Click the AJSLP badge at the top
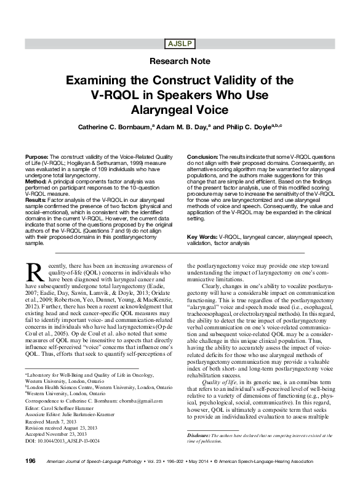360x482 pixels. point(180,44)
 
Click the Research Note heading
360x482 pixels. point(180,62)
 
